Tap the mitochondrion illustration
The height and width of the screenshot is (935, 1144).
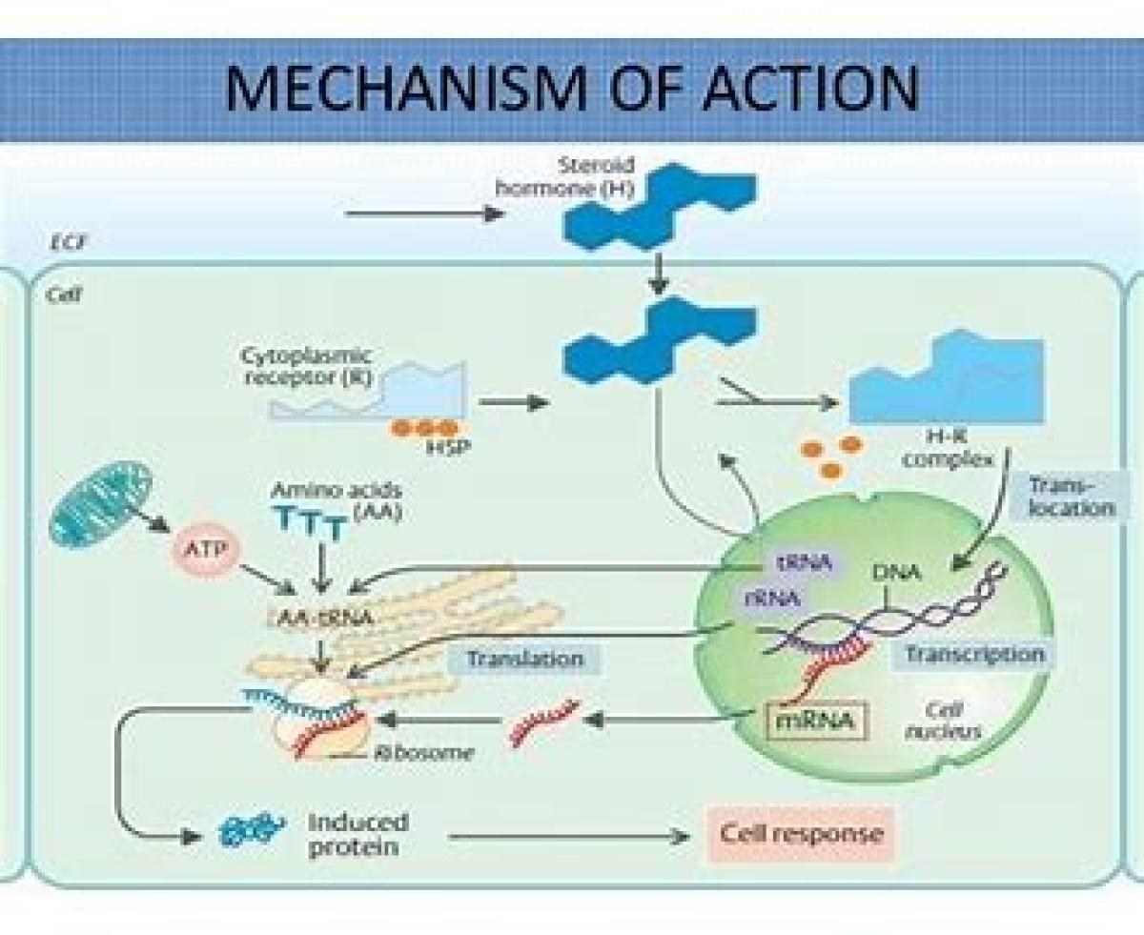point(101,505)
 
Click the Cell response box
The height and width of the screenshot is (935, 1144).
point(801,834)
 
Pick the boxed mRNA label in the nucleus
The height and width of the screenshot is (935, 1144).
point(817,721)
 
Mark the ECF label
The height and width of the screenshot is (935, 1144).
point(64,243)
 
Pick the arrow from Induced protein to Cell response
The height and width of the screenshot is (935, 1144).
point(568,837)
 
